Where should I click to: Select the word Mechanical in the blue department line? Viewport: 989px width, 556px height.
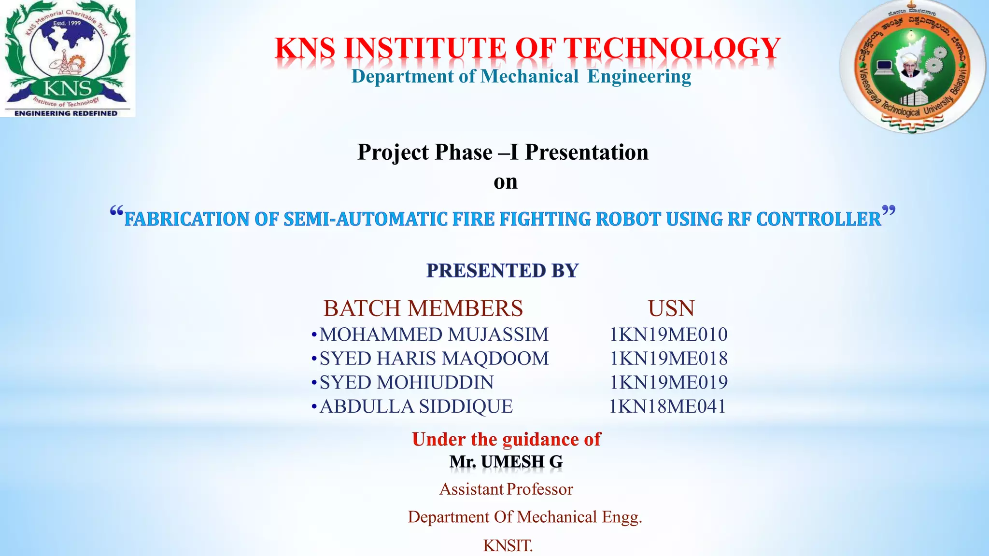529,77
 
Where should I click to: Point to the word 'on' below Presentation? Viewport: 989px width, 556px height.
505,182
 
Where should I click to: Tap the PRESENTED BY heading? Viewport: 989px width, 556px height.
502,271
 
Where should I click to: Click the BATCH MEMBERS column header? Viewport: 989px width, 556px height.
423,308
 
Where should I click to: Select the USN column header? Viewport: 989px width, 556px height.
671,308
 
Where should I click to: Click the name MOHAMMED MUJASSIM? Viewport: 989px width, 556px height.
434,334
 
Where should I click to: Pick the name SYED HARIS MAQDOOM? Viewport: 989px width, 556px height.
434,359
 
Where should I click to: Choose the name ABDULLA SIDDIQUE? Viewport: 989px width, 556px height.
416,407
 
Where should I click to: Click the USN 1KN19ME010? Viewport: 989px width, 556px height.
668,334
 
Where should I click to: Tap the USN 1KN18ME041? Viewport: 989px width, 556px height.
667,407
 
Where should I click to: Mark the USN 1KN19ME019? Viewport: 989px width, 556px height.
668,383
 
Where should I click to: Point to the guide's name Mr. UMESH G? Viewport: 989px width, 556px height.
506,462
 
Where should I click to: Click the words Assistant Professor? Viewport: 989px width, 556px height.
506,489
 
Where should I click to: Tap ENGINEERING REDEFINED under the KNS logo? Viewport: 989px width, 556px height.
66,113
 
